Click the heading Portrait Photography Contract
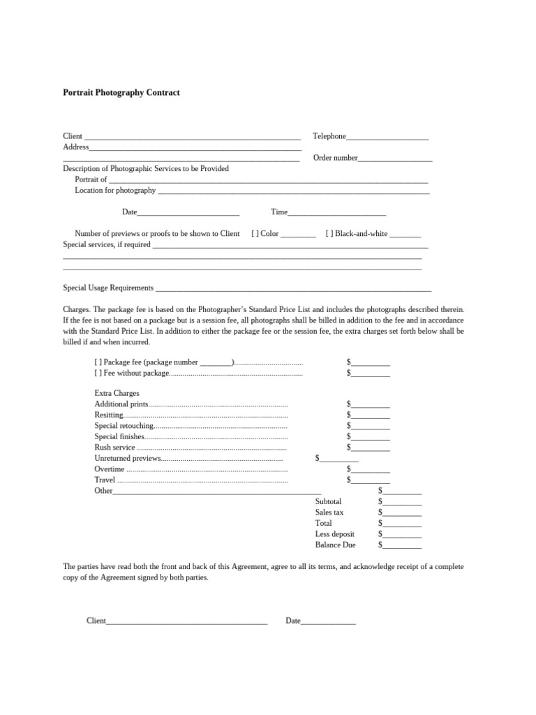tap(121, 92)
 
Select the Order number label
tap(335, 158)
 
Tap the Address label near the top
tap(76, 147)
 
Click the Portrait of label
tap(91, 179)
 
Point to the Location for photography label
tap(115, 191)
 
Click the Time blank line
tap(336, 213)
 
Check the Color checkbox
tap(255, 234)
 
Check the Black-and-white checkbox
tap(329, 234)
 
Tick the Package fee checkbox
tap(98, 362)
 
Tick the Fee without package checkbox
tap(98, 373)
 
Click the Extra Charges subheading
tap(117, 394)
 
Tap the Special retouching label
tap(123, 425)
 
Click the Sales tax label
tap(329, 513)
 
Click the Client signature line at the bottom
tap(187, 621)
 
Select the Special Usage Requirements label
tap(108, 288)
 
